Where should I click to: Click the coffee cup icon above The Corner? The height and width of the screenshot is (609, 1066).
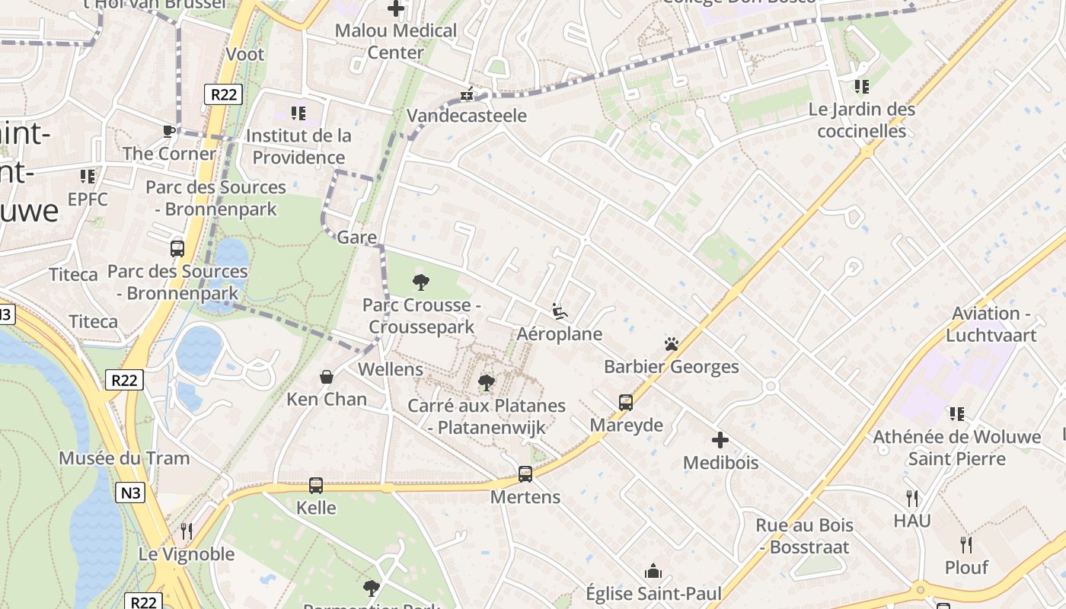pyautogui.click(x=169, y=131)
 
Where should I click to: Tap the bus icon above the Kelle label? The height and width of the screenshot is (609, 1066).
pyautogui.click(x=316, y=485)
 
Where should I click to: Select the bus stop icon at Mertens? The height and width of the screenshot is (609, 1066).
pyautogui.click(x=525, y=474)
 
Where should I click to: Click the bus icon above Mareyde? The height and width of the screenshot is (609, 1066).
pyautogui.click(x=626, y=403)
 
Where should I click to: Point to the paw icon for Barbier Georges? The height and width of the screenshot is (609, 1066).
pyautogui.click(x=671, y=344)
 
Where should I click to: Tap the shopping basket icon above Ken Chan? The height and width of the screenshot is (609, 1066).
pyautogui.click(x=327, y=377)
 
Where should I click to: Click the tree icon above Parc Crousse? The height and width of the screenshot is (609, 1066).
pyautogui.click(x=421, y=283)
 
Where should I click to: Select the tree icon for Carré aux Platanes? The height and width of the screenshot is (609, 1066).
pyautogui.click(x=487, y=383)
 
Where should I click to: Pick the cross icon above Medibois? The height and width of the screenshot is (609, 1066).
pyautogui.click(x=720, y=440)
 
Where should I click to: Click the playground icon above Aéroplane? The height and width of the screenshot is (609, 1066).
pyautogui.click(x=560, y=311)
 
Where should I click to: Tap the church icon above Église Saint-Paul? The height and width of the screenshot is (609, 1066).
pyautogui.click(x=653, y=571)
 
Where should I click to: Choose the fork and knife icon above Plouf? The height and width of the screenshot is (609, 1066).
pyautogui.click(x=966, y=545)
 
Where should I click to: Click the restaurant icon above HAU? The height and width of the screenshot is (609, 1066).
pyautogui.click(x=912, y=499)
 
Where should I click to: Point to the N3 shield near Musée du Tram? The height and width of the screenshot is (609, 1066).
pyautogui.click(x=131, y=493)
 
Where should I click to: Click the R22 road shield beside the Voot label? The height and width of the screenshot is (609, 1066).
pyautogui.click(x=223, y=94)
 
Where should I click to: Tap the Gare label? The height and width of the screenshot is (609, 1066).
pyautogui.click(x=356, y=237)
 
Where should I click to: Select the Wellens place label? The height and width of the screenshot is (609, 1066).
pyautogui.click(x=390, y=369)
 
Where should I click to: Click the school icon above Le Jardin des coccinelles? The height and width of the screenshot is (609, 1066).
pyautogui.click(x=862, y=87)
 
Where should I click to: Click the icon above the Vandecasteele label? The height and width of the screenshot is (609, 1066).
pyautogui.click(x=467, y=94)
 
